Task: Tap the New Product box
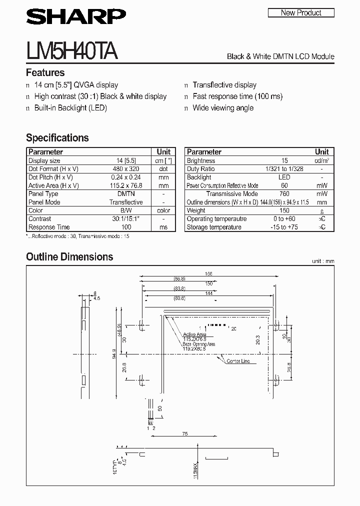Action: [301, 12]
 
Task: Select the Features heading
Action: [45, 72]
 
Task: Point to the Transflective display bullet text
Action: [224, 85]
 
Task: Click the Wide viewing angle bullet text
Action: [223, 108]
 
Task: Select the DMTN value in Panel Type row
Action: [126, 194]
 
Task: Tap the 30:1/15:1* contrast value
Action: [126, 219]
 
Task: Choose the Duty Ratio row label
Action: [200, 169]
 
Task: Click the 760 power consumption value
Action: [284, 194]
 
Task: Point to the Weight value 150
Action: [284, 210]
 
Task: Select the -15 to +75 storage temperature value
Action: [284, 227]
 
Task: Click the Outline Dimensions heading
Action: [69, 257]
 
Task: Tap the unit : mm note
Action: [322, 261]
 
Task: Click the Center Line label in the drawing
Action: [238, 361]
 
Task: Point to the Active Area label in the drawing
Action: [194, 334]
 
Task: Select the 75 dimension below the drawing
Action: [185, 434]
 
